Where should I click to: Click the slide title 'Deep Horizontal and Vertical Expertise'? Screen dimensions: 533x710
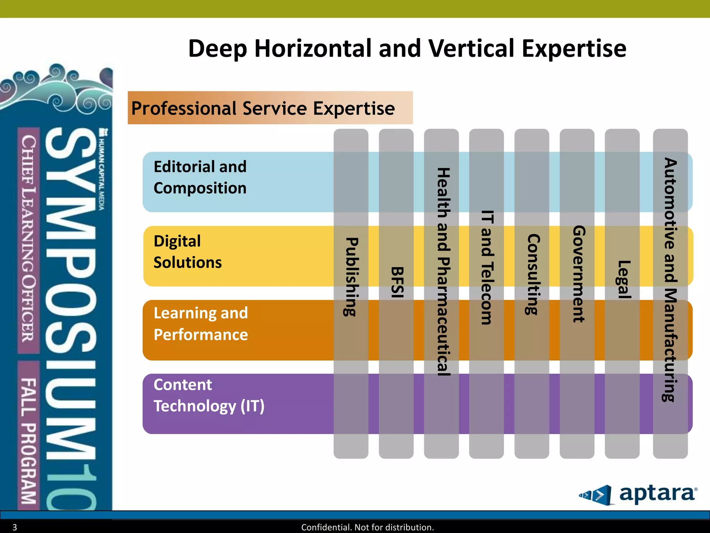407,49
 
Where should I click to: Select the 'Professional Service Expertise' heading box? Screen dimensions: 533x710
270,108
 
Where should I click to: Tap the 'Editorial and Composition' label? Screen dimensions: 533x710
200,177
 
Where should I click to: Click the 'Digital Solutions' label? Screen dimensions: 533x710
188,252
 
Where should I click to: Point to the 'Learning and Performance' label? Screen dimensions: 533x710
201,324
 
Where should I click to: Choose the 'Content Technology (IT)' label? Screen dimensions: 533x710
209,396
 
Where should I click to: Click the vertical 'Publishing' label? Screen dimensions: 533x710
351,277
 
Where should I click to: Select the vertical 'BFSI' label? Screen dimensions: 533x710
397,282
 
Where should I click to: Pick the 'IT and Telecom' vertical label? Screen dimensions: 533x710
487,267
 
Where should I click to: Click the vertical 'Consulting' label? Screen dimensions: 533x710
532,274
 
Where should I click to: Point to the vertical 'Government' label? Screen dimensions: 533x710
578,274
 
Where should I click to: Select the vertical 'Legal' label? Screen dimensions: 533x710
623,279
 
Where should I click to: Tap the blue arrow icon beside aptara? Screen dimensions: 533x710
595,495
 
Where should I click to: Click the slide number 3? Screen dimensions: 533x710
15,527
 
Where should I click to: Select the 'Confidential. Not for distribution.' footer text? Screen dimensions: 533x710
367,527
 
